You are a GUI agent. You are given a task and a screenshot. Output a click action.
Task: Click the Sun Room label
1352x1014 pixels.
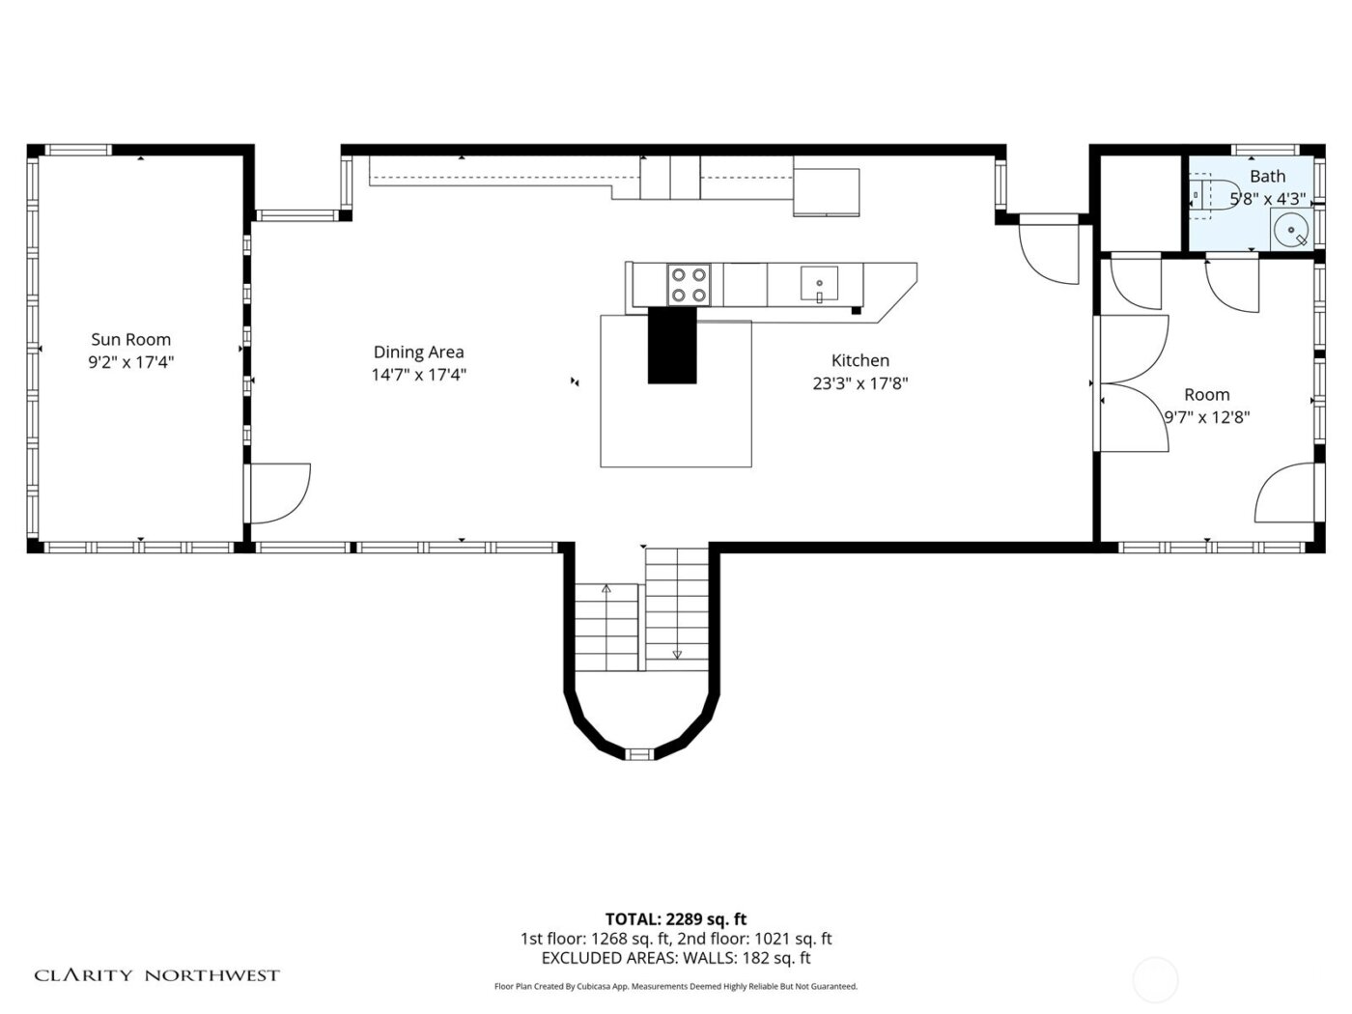(x=130, y=339)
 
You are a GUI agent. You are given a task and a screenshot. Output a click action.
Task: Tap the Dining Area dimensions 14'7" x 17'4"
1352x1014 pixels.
(x=418, y=376)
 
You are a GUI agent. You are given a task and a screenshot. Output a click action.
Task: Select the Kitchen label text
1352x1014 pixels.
(x=859, y=360)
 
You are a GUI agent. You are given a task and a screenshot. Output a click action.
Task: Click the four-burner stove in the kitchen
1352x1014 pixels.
(x=689, y=285)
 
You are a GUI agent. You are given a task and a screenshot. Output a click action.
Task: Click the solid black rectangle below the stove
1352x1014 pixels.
(x=672, y=345)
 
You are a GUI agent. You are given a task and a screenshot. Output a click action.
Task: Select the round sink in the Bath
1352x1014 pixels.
(x=1291, y=230)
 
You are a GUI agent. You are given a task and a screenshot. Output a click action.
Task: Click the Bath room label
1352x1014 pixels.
(x=1267, y=176)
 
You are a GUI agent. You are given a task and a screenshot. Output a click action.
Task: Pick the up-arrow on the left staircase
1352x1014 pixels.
(x=606, y=588)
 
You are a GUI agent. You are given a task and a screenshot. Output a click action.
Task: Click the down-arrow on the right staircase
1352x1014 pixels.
(x=677, y=654)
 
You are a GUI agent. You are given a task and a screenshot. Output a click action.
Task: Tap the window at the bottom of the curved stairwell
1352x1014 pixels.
(x=640, y=753)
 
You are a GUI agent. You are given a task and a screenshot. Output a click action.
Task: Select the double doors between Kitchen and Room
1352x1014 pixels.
(x=1132, y=383)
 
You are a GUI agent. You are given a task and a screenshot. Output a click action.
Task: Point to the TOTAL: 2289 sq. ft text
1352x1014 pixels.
(x=675, y=919)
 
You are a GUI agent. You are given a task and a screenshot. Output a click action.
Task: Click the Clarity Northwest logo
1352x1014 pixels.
(x=157, y=975)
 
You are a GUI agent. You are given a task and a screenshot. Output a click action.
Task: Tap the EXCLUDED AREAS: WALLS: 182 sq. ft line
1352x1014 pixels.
(x=675, y=959)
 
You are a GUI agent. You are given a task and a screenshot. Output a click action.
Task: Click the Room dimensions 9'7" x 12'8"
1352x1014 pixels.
(x=1206, y=417)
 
